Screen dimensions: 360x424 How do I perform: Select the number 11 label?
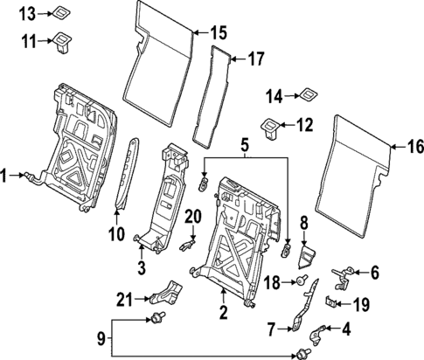28,40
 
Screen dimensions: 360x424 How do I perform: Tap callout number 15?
218,33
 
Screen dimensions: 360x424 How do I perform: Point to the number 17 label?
254,59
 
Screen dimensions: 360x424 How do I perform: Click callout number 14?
274,96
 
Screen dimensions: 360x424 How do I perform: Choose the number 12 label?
303,125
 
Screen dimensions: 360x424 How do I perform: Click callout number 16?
414,146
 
